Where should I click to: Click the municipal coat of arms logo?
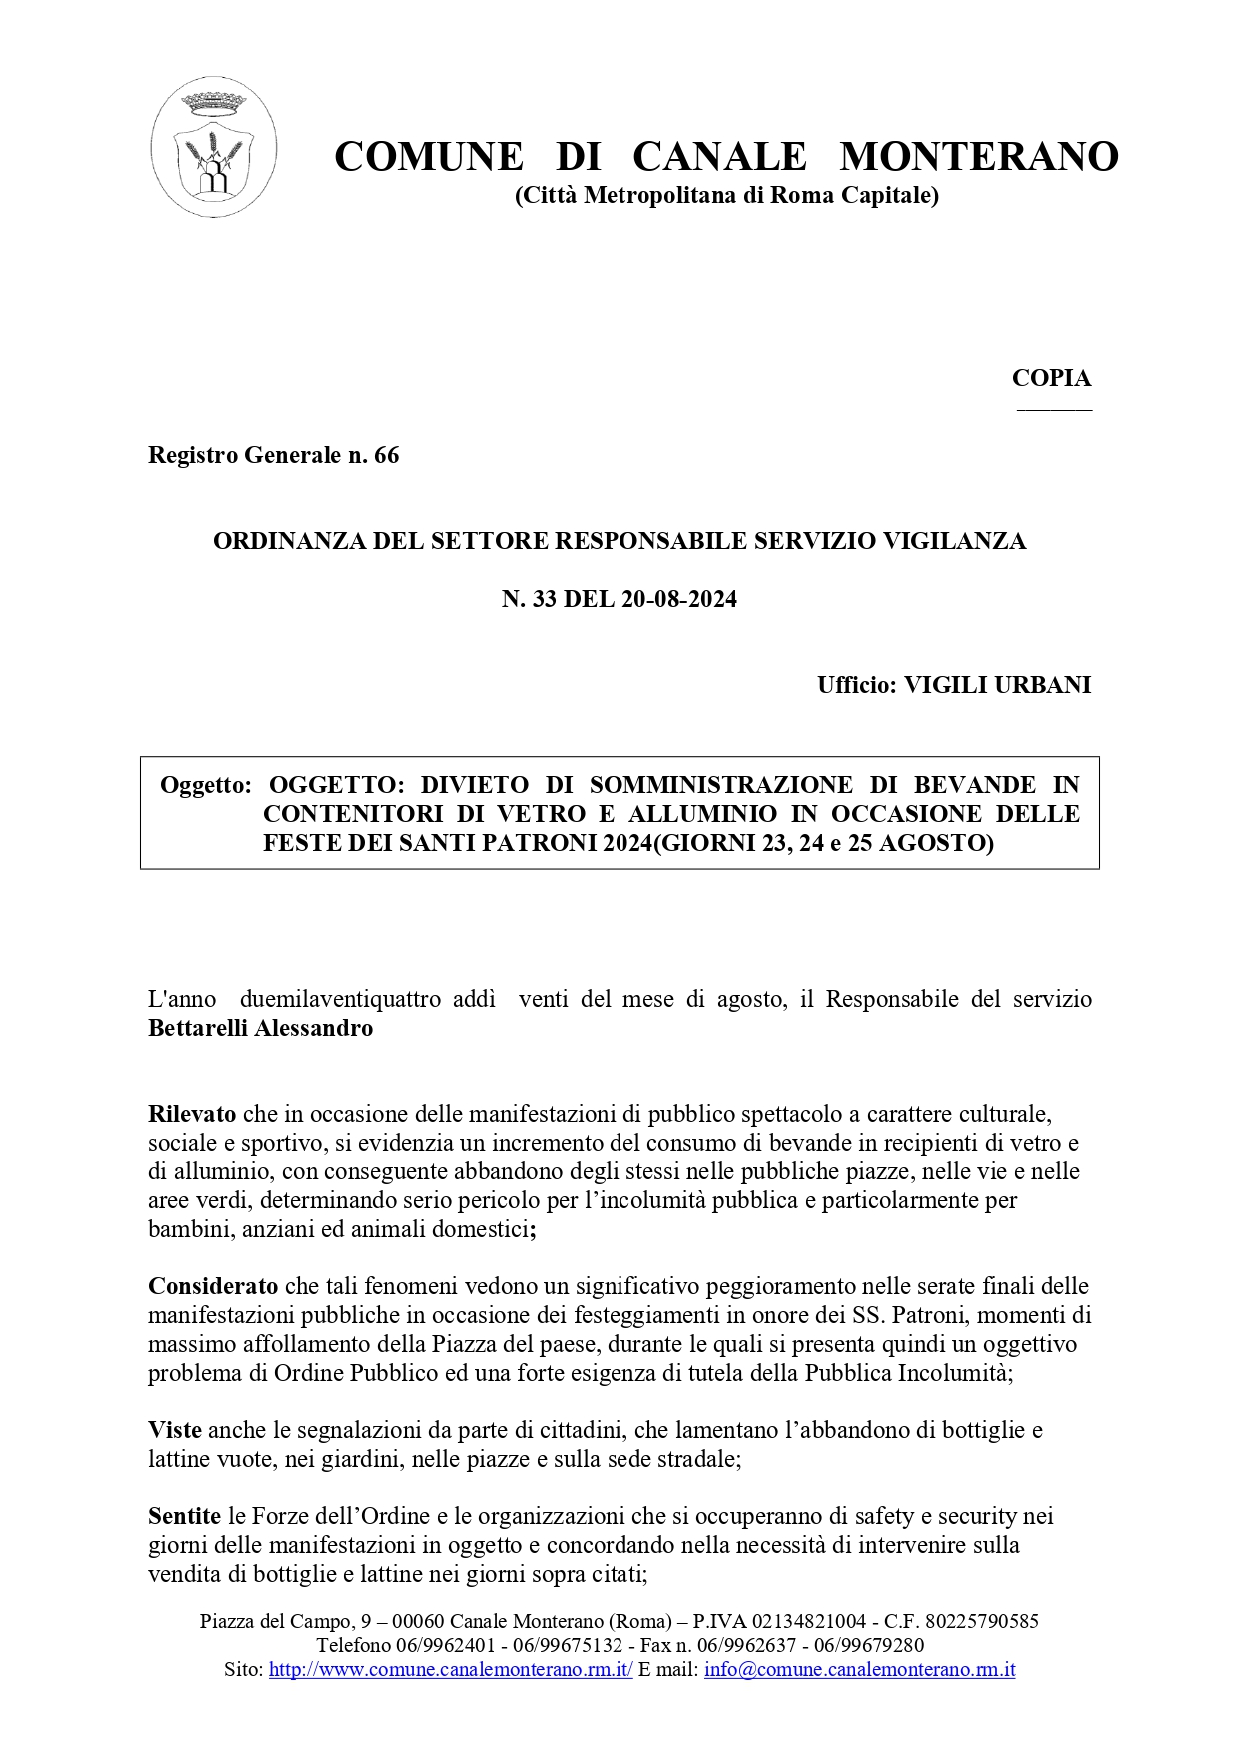tap(214, 148)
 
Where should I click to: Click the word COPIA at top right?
tap(1051, 378)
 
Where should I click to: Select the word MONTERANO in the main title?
tap(979, 157)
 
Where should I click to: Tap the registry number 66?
tap(386, 456)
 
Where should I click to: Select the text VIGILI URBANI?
tap(997, 685)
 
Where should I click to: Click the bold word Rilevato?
tap(192, 1113)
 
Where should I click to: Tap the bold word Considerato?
tap(213, 1285)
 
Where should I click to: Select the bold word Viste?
tap(175, 1430)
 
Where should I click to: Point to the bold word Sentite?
tap(184, 1516)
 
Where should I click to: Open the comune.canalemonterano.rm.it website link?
tap(451, 1669)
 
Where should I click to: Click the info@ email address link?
tap(859, 1669)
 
